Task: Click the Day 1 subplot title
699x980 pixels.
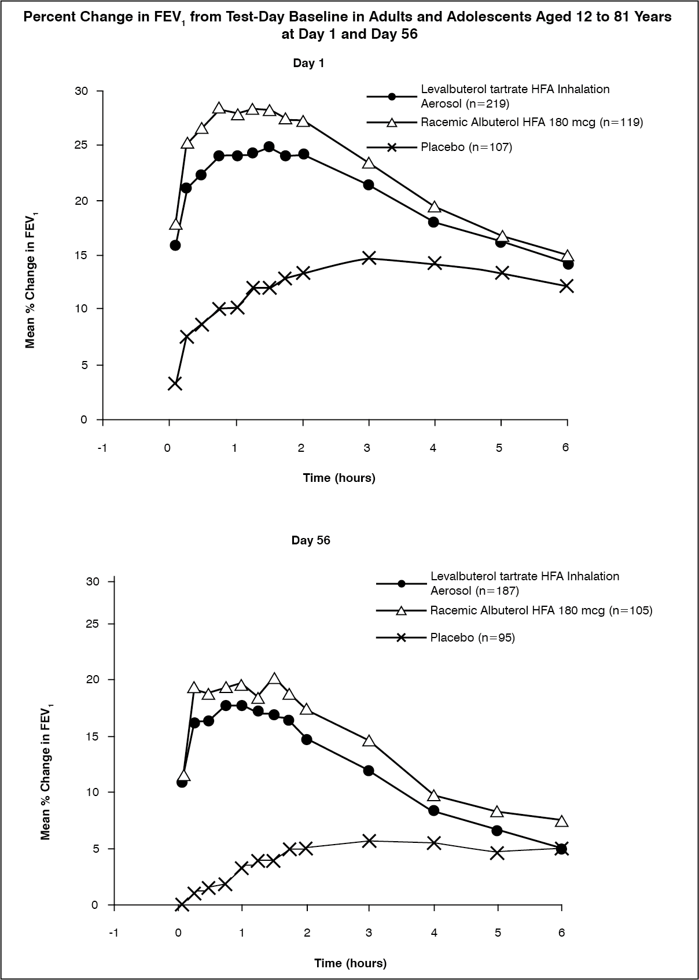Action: click(308, 64)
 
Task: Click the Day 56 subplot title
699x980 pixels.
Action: click(311, 540)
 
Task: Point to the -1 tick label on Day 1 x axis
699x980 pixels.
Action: click(102, 448)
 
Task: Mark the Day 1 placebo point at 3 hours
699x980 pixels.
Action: click(369, 257)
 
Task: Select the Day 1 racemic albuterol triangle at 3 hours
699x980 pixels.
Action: click(369, 163)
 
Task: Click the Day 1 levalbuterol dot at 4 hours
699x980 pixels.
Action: click(434, 222)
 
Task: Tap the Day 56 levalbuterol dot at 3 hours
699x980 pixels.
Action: click(369, 771)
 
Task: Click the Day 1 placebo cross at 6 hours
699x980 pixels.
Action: click(566, 286)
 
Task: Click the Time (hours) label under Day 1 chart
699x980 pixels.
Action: click(339, 478)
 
